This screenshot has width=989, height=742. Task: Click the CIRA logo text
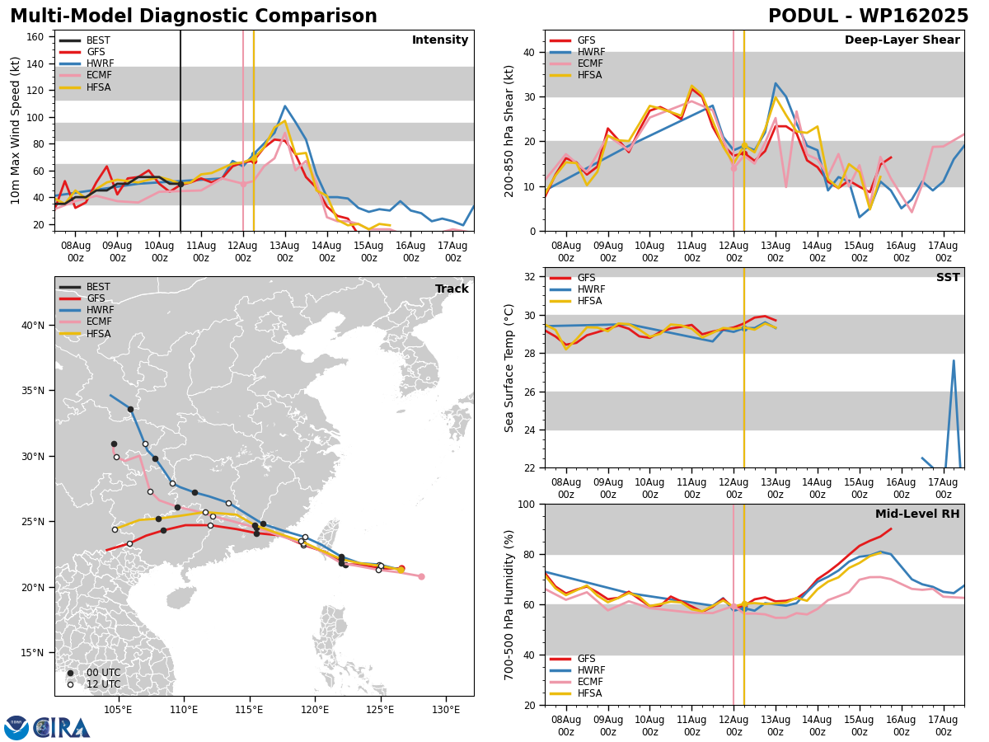62,728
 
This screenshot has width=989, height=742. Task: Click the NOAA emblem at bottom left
16,728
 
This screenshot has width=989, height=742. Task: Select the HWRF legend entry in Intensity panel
87,63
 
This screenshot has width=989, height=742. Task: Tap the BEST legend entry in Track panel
85,287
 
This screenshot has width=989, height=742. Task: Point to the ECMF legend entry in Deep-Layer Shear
576,63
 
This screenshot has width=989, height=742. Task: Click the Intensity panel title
440,40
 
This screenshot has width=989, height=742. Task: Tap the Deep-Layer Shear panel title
902,40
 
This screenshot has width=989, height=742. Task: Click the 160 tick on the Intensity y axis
35,37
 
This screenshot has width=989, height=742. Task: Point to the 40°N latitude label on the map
33,326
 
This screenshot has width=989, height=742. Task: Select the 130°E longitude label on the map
446,710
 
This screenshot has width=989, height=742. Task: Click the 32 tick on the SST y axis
530,277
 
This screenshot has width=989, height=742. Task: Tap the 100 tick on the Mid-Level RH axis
527,504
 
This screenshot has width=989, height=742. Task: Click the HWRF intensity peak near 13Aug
285,106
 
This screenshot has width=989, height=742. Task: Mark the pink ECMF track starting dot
421,576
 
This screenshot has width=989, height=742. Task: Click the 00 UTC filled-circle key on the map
70,673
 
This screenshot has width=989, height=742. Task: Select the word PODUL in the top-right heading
803,16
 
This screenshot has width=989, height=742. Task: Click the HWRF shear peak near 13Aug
776,83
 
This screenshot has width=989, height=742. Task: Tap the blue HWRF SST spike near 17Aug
954,360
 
